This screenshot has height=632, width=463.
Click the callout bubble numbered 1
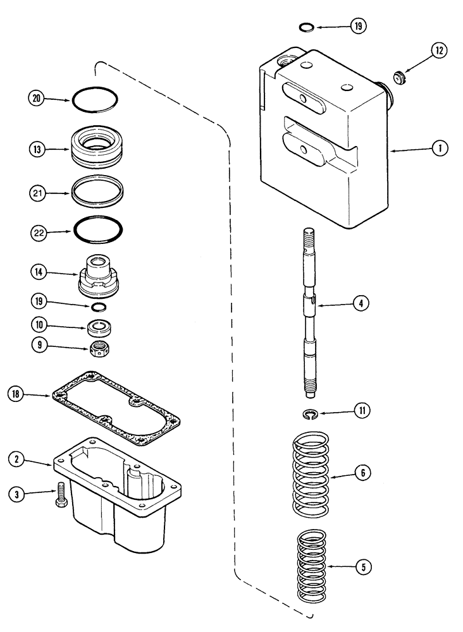pos(437,149)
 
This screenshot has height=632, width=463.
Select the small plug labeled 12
pos(398,78)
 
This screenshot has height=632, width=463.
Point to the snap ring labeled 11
pos(309,414)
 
